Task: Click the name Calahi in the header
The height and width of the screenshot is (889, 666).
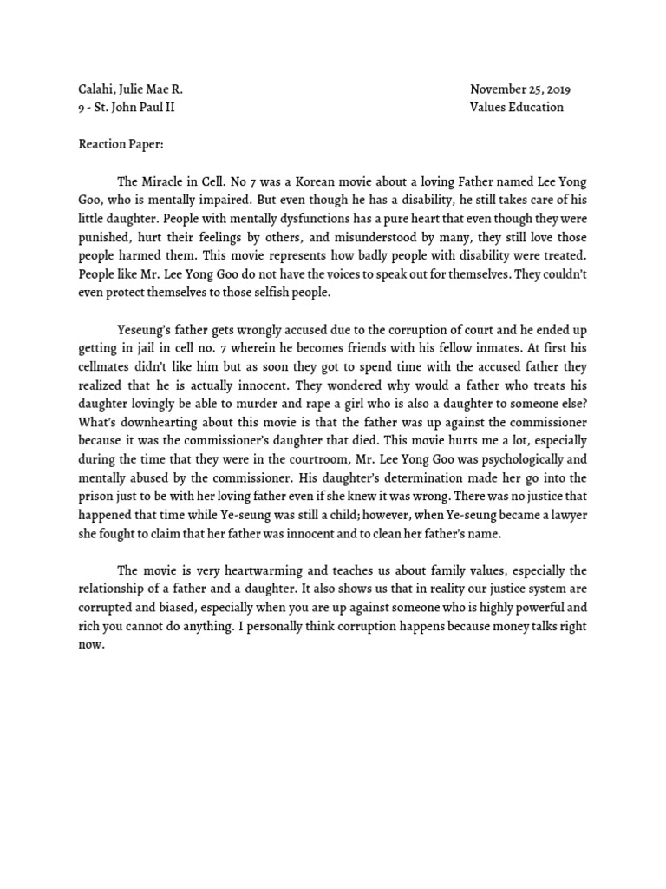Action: (93, 89)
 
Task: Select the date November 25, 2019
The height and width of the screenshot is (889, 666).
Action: (520, 89)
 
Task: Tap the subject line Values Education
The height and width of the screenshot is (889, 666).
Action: (516, 108)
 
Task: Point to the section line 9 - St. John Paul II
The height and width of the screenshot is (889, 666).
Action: (130, 108)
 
